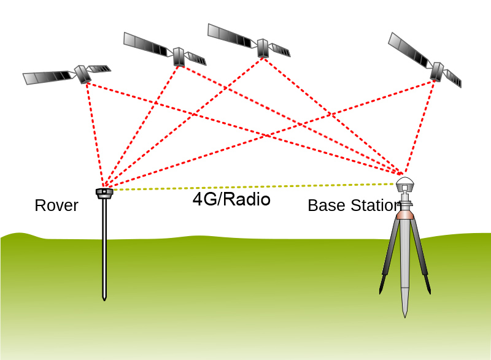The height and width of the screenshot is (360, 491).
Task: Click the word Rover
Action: click(x=56, y=205)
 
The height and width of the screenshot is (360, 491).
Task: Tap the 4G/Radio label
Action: click(x=231, y=199)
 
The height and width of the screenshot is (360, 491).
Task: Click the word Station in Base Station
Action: click(x=371, y=205)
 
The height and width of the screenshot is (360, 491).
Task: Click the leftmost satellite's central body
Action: click(x=82, y=74)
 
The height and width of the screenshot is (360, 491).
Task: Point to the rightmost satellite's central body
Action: click(x=436, y=71)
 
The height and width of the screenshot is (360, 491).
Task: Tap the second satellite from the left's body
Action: click(x=179, y=56)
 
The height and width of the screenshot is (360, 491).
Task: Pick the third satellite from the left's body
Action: click(x=263, y=48)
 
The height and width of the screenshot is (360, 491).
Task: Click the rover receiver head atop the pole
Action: click(x=104, y=193)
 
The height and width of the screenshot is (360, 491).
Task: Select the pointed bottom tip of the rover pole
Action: click(x=104, y=299)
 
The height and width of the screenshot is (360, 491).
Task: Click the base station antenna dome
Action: click(x=404, y=185)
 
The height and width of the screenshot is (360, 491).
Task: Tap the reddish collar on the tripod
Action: click(x=404, y=215)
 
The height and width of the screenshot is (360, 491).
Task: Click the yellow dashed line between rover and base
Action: click(x=245, y=186)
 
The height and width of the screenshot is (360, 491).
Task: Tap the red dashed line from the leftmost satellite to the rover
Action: click(x=95, y=132)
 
